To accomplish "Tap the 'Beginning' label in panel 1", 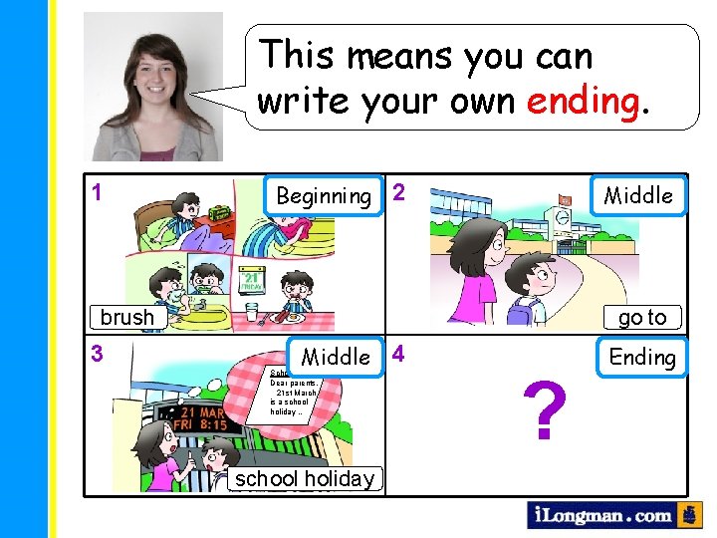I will coord(324,195).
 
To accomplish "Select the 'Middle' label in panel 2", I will coord(638,195).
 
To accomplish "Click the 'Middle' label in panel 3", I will coord(336,357).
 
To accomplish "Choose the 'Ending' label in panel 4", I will coord(642,357).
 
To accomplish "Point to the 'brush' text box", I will coord(127,317).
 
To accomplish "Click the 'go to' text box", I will coord(642,317).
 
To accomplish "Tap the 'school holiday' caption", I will coord(305,478).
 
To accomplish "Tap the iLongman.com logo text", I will coord(600,515).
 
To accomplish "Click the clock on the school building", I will coord(564,218).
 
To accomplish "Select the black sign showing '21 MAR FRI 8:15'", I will coord(200,417).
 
